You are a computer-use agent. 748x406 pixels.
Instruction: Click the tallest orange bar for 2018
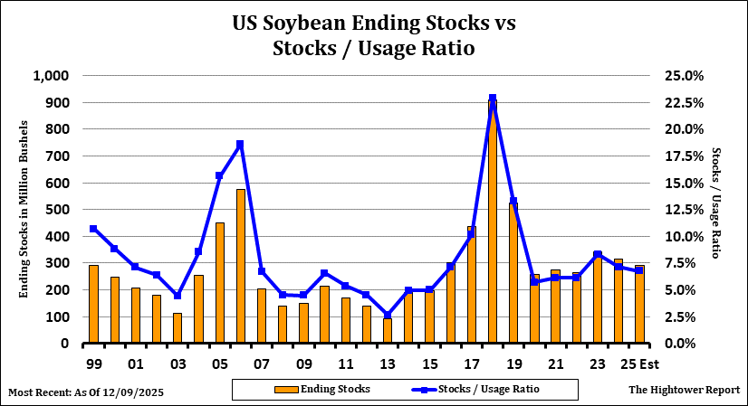click(492, 226)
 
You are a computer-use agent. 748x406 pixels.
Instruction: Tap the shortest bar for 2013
click(387, 331)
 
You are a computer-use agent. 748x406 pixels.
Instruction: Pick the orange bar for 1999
click(93, 304)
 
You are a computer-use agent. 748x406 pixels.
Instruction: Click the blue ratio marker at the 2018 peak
click(492, 98)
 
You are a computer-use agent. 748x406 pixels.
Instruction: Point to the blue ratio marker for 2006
click(240, 145)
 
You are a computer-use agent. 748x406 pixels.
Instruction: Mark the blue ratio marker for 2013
click(387, 316)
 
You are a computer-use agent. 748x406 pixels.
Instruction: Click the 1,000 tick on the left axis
click(51, 76)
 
